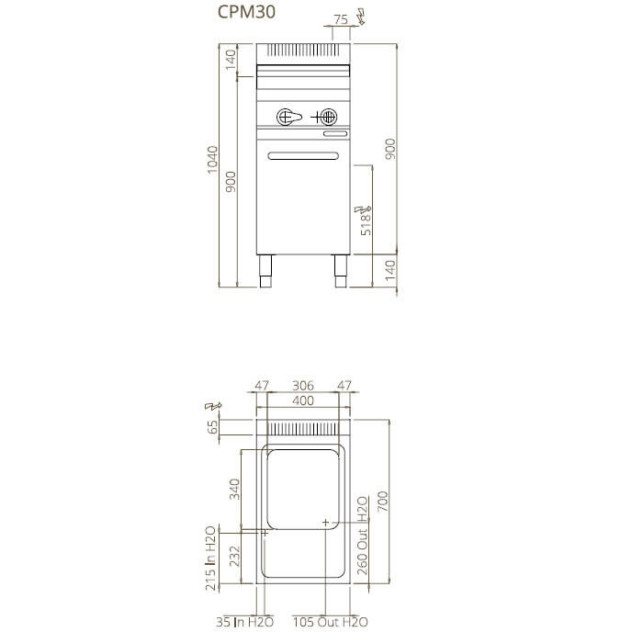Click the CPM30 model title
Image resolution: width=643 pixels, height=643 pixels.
246,12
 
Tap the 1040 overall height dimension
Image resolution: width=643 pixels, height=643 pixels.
212,160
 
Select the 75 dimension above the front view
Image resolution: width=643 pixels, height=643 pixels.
341,19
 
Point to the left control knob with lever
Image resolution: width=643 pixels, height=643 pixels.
288,118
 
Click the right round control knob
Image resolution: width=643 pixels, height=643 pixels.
329,118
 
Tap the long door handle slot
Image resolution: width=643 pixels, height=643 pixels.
303,156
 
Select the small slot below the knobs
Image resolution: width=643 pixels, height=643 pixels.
335,134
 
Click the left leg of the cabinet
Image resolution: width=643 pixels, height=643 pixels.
265,271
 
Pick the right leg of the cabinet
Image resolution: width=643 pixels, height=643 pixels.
341,271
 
